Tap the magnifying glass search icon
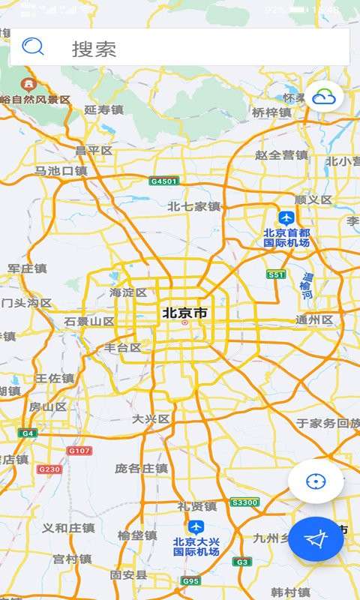point(33,47)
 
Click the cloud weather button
point(324,96)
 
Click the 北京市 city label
point(184,313)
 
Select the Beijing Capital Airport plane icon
point(286,217)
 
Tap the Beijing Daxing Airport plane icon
point(196,526)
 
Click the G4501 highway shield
point(163,181)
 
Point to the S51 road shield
point(276,274)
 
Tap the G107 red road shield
point(79,451)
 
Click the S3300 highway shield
point(244,502)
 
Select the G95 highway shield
point(190,580)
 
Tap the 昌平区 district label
point(94,151)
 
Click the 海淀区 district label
point(128,292)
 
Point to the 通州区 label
point(314,319)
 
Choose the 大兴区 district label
point(151,418)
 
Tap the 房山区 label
point(48,406)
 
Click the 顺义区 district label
point(313,199)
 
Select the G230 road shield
point(49,469)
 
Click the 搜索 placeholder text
point(94,49)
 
